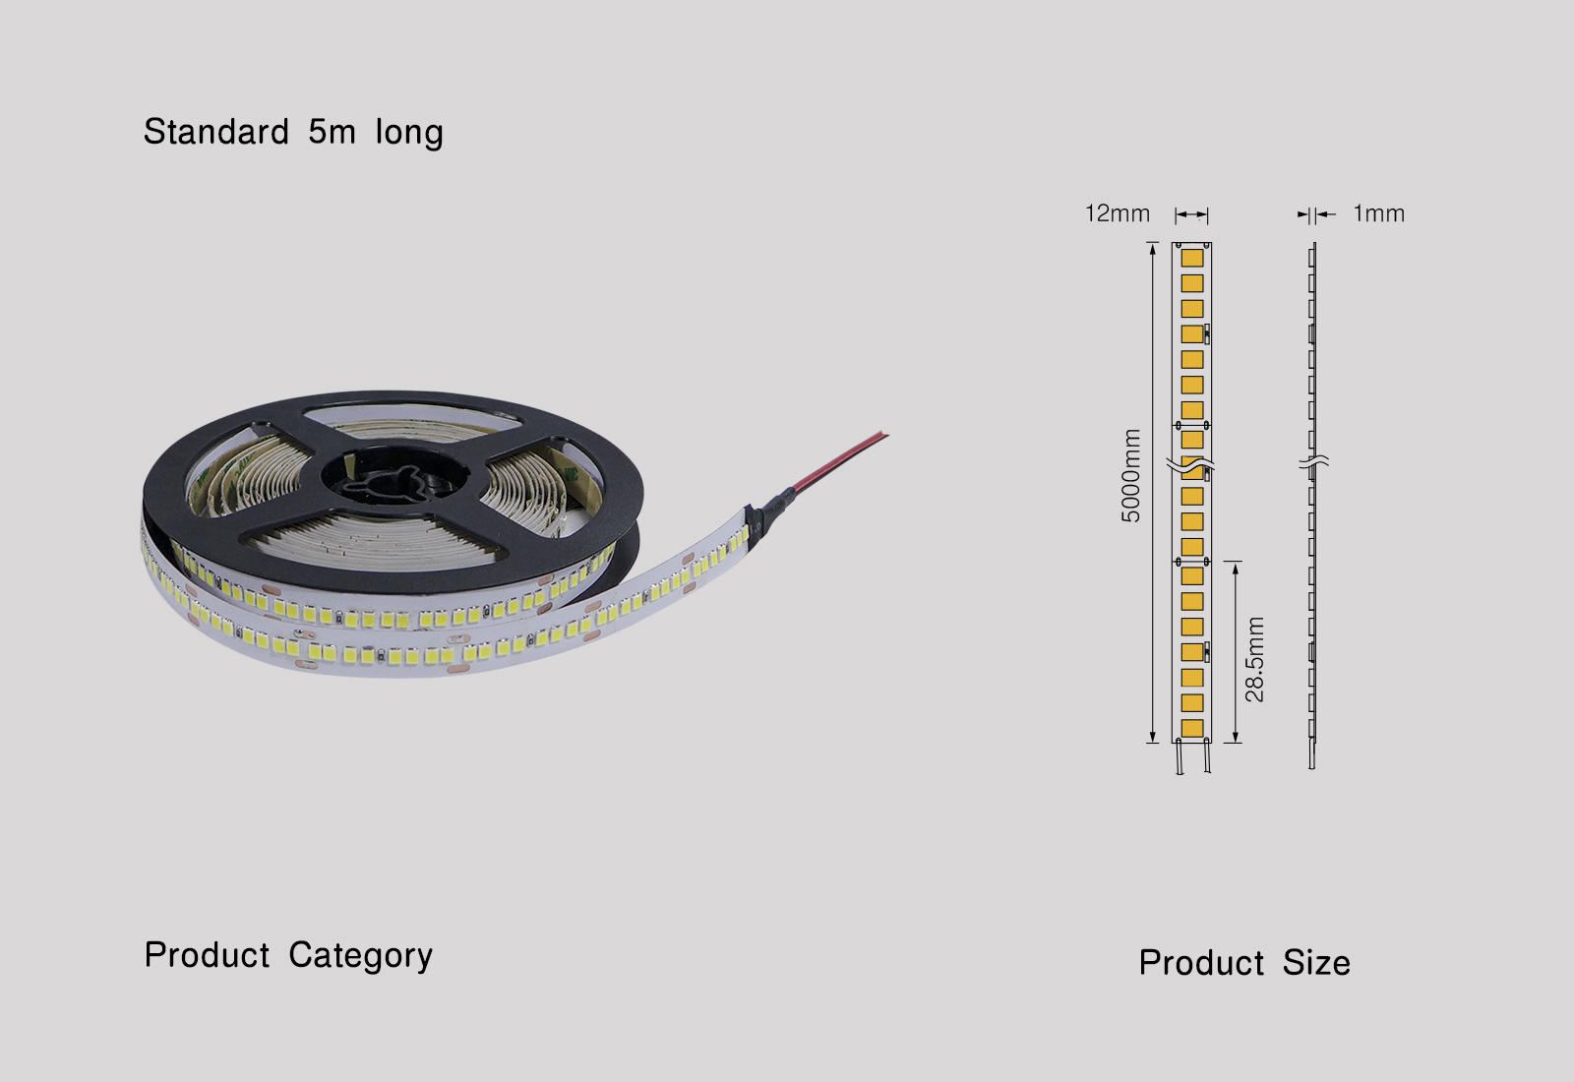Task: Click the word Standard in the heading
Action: pyautogui.click(x=216, y=132)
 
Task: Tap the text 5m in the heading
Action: pyautogui.click(x=332, y=132)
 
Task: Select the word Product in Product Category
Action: pyautogui.click(x=207, y=955)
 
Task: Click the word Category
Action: pyautogui.click(x=360, y=956)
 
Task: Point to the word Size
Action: pyautogui.click(x=1315, y=963)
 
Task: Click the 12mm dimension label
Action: pyautogui.click(x=1117, y=213)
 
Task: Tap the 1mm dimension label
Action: pyautogui.click(x=1378, y=213)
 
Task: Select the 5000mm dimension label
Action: pyautogui.click(x=1131, y=475)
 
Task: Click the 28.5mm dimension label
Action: pyautogui.click(x=1254, y=659)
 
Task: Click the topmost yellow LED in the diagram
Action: pyautogui.click(x=1192, y=258)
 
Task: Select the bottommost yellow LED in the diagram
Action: pyautogui.click(x=1192, y=728)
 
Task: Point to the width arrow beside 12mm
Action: pyautogui.click(x=1191, y=214)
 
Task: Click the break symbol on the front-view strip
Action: pyautogui.click(x=1191, y=462)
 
